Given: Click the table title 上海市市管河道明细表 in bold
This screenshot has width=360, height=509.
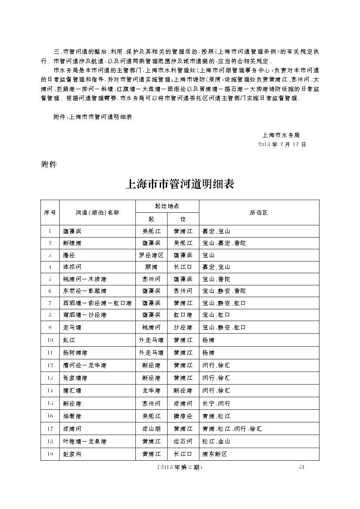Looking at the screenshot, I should click(x=180, y=184).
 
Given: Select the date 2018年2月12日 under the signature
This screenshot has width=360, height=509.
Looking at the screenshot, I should click(x=282, y=144).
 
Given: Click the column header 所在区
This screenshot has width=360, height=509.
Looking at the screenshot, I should click(x=259, y=212).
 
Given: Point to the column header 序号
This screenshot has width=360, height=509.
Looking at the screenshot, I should click(x=50, y=212).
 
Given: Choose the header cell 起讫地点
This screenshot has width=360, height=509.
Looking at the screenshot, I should click(x=167, y=206).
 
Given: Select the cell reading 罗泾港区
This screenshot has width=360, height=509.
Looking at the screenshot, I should click(x=151, y=255).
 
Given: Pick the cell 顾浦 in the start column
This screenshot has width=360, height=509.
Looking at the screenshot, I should click(x=151, y=267).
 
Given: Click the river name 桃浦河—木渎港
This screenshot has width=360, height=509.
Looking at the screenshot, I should click(x=84, y=279).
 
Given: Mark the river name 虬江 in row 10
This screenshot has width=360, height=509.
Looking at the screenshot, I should click(x=68, y=340).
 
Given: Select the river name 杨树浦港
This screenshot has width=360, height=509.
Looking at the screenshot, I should click(x=75, y=352).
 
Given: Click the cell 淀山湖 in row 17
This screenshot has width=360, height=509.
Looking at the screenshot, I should click(x=151, y=429).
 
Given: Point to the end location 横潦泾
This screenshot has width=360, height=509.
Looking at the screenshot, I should click(x=183, y=416).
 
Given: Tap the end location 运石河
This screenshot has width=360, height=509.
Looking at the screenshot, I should click(x=183, y=442).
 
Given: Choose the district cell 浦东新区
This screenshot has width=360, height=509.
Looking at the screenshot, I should click(x=215, y=454).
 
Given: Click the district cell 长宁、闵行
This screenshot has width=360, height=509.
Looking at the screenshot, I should click(x=216, y=404).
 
